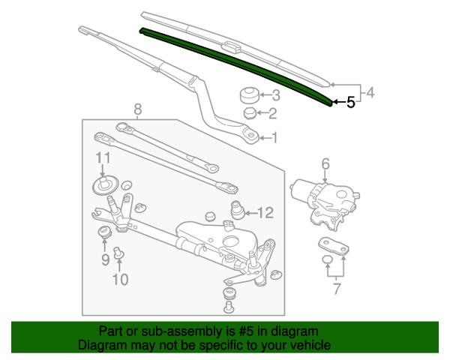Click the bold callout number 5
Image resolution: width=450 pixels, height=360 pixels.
[351, 102]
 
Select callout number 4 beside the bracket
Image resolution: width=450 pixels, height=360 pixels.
[370, 93]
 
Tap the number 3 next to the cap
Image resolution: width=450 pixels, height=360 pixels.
[276, 95]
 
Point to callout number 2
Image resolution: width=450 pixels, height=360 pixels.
[273, 113]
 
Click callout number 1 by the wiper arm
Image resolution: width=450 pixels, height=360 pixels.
[274, 138]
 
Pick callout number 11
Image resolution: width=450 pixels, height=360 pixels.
[103, 158]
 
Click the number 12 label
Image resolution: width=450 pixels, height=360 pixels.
[265, 213]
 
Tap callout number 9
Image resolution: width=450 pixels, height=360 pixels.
[105, 260]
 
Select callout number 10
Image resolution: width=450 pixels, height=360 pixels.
[120, 279]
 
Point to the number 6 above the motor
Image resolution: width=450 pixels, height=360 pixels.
[325, 164]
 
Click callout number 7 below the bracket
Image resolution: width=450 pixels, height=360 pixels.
[337, 289]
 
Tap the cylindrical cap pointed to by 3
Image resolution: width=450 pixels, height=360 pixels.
[250, 95]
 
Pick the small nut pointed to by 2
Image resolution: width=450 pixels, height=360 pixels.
[250, 113]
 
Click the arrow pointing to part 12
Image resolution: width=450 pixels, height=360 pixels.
[251, 213]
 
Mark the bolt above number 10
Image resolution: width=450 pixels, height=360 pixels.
[118, 252]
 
